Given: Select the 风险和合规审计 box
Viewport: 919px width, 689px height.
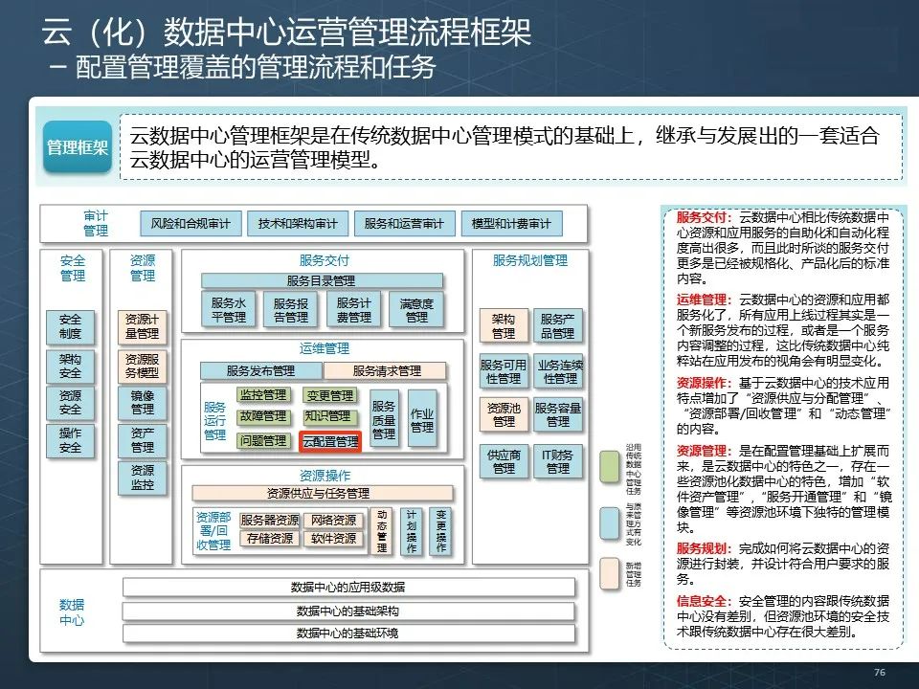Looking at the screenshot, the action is (x=191, y=224).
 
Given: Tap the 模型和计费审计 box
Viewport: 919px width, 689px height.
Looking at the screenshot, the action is (x=511, y=224).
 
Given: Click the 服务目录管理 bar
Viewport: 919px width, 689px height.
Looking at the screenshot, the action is (x=322, y=280).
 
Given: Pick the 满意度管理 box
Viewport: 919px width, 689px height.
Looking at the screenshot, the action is (x=416, y=309).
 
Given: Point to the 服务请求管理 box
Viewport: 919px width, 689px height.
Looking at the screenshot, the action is (x=386, y=370).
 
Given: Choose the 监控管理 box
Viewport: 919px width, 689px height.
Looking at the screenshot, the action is (x=263, y=395).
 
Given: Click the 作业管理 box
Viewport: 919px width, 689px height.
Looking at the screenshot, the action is (x=422, y=419).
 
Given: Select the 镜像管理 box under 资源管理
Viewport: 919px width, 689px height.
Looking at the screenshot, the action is (x=142, y=402).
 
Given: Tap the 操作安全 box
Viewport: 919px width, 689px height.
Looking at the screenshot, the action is (x=70, y=440).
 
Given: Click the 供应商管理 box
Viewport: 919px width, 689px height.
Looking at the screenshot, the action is (x=504, y=462).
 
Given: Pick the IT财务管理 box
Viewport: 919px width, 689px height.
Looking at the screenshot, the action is (x=558, y=462).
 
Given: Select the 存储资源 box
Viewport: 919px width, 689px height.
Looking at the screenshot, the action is (x=270, y=539).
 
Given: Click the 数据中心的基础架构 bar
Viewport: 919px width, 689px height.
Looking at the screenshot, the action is (x=348, y=611).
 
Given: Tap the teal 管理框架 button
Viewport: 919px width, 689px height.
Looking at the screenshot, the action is (x=77, y=148).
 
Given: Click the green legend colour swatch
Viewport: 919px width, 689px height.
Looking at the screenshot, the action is (x=610, y=465).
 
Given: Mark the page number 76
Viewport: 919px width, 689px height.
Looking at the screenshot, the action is (x=880, y=673).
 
